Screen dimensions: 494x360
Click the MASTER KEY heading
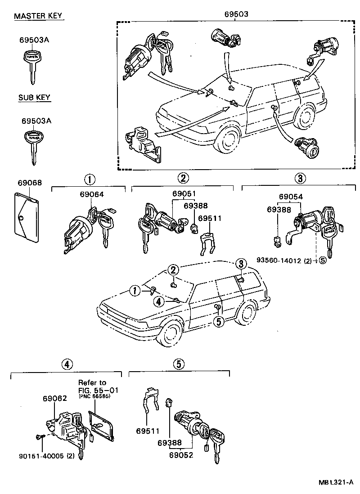coord(38,17)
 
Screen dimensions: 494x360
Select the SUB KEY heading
coord(34,97)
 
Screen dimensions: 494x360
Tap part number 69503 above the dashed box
coord(236,14)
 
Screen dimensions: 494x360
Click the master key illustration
coord(31,65)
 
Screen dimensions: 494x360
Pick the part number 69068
coord(30,183)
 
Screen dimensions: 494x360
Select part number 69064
coord(91,194)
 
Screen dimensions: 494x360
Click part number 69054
coord(290,197)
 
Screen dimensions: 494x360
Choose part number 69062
coord(55,398)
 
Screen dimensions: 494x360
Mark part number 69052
coord(182,455)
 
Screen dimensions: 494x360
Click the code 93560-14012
coord(286,260)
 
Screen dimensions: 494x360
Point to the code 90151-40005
coord(40,455)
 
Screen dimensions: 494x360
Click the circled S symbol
coord(323,260)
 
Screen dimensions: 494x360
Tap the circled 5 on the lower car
coord(218,321)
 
